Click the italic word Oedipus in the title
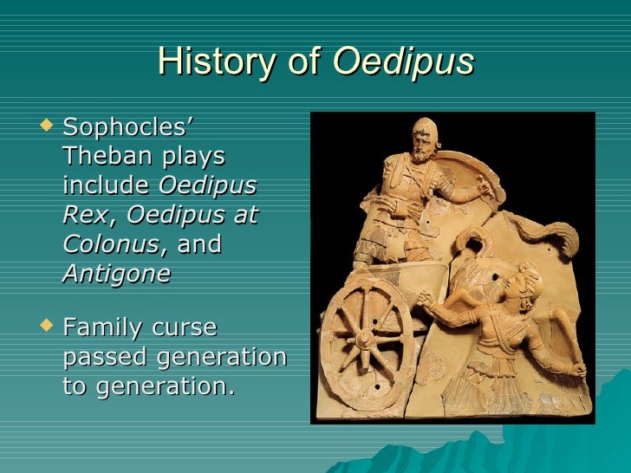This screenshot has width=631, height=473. pos(404,62)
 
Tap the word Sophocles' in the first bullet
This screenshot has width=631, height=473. pos(128,130)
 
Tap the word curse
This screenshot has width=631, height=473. pos(185,328)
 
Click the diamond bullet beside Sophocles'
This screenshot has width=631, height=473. pos(49,129)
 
